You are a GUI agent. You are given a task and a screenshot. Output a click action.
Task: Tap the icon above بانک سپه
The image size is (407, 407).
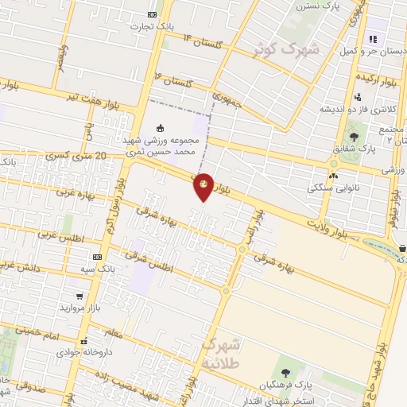pyautogui.click(x=98, y=258)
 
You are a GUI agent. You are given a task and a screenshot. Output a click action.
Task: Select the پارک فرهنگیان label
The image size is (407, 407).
pyautogui.click(x=286, y=386)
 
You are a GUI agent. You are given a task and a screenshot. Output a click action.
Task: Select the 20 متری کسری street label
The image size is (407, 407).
pyautogui.click(x=76, y=157)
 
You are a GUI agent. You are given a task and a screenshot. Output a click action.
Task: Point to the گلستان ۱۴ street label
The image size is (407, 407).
pyautogui.click(x=199, y=38)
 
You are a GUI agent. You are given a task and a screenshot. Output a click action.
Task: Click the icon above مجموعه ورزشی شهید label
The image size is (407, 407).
pyautogui.click(x=161, y=128)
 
